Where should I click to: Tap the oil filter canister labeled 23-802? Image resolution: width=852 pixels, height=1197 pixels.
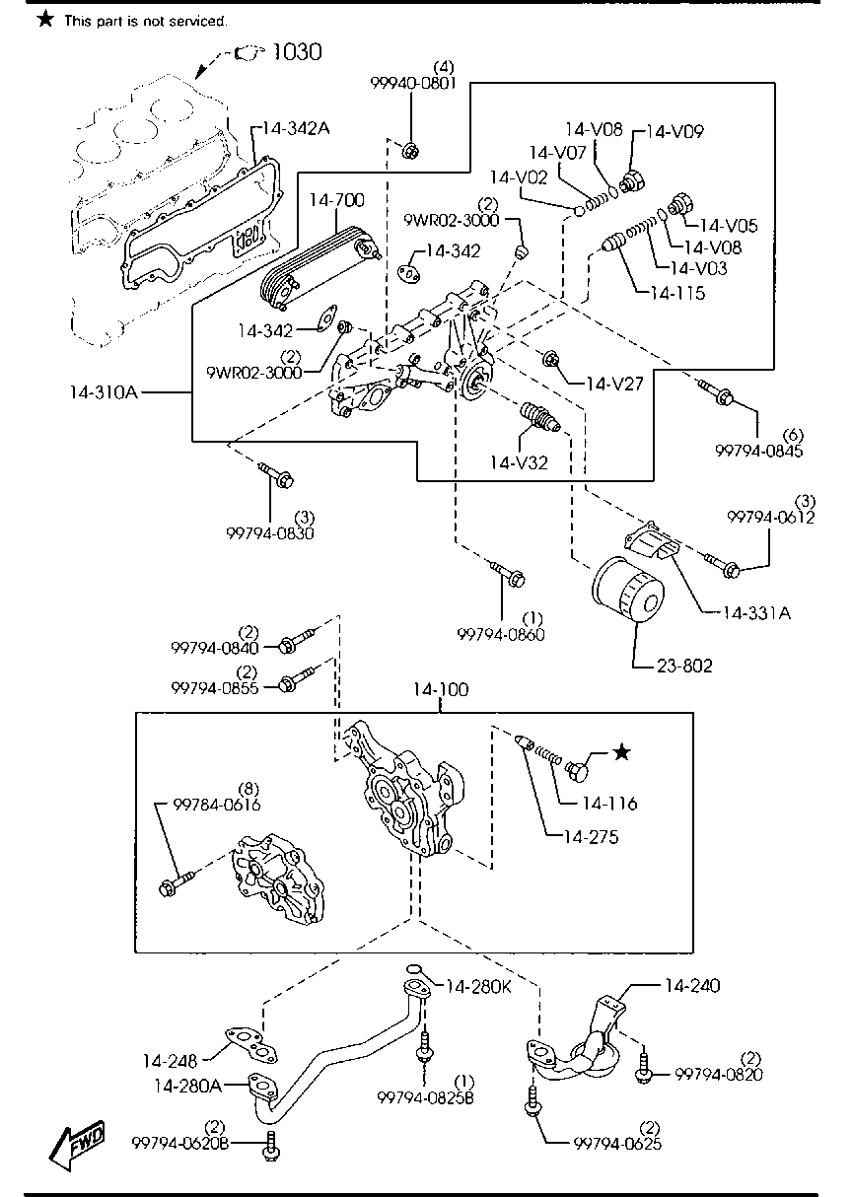pos(624,596)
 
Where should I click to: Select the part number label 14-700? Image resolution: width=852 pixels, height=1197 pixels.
pos(336,201)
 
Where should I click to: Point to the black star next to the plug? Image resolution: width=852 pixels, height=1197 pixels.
pos(620,753)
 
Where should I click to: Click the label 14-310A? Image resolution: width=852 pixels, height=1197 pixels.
pos(102,392)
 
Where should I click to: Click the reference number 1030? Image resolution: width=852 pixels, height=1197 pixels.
pos(296,52)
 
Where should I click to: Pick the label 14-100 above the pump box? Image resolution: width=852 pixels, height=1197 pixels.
pos(440,690)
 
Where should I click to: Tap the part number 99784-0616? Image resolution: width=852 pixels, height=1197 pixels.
pos(217,805)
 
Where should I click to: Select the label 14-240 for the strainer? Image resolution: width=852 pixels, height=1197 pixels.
pos(691,985)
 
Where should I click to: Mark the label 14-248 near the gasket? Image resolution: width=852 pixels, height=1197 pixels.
pos(171,1061)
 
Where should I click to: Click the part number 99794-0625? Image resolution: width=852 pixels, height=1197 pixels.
pos(618,1144)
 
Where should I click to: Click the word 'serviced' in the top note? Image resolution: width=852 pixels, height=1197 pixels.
pos(197,20)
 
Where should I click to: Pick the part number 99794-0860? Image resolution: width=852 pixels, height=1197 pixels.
pos(501,634)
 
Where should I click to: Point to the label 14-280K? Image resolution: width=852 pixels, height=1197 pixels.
pos(478,986)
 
